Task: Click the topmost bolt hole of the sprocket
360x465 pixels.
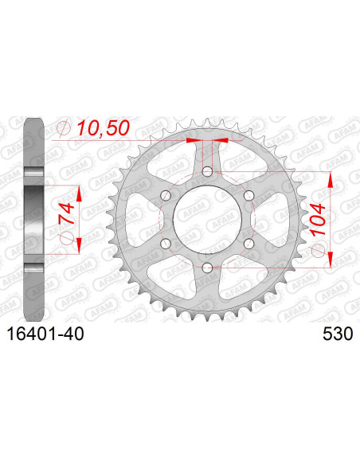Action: pos(207,172)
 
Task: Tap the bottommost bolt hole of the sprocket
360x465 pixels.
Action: pos(207,267)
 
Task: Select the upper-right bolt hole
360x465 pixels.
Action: pos(248,196)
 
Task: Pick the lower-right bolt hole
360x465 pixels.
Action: pos(248,243)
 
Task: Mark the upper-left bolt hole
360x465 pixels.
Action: pos(166,196)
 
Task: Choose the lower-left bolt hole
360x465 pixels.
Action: pos(166,243)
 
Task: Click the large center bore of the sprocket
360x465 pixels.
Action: pos(207,219)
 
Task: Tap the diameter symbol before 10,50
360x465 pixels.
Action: pos(65,127)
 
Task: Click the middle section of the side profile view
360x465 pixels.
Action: pos(34,219)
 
